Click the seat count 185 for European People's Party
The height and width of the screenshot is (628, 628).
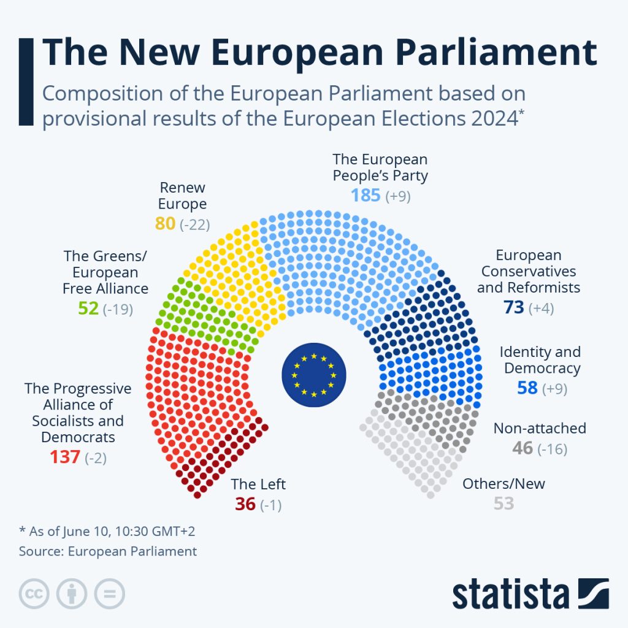[x=366, y=196]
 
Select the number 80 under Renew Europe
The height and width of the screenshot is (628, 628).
[x=165, y=224]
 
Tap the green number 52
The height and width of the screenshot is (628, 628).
[x=88, y=308]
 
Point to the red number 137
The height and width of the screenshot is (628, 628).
[x=64, y=458]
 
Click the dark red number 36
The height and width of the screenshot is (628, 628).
[x=245, y=504]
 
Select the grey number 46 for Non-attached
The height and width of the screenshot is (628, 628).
[x=523, y=448]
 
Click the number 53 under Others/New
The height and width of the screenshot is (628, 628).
[x=504, y=504]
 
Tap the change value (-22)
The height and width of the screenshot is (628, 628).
[x=195, y=224]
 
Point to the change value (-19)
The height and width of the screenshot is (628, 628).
[x=118, y=308]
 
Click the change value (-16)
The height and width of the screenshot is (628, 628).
[x=552, y=449]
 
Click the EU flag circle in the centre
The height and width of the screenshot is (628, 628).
[x=314, y=374]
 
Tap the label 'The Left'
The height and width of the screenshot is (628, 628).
[x=258, y=484]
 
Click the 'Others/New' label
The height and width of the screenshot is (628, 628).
[x=504, y=483]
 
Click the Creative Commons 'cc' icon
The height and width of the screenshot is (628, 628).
[x=35, y=594]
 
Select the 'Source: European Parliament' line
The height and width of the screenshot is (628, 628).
[x=108, y=551]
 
